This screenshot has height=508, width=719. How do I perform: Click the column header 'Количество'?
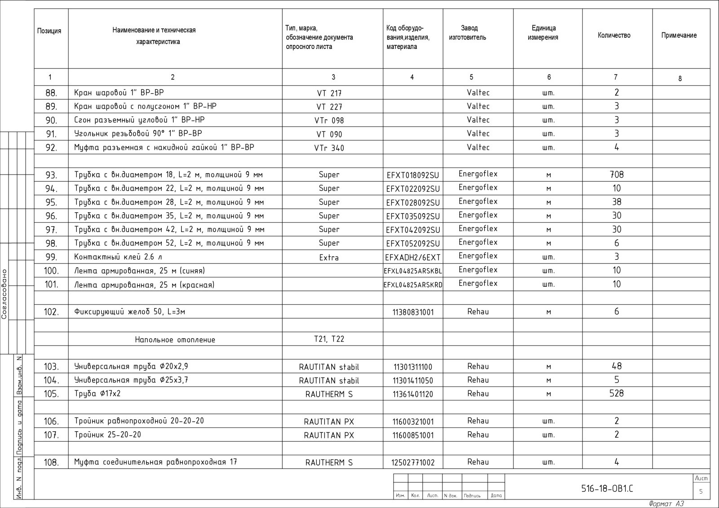coord(614,35)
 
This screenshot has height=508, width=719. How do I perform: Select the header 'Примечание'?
coord(679,35)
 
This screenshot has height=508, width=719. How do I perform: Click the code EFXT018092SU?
coord(413,175)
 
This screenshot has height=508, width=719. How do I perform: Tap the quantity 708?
coord(617,175)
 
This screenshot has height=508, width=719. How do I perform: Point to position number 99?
coord(51,257)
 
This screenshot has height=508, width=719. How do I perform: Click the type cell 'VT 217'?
coord(329,93)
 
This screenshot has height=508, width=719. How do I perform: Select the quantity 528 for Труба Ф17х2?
coord(616,394)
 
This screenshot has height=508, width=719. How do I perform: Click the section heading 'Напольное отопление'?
coord(175,340)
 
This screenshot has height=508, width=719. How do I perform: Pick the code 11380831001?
coord(413,312)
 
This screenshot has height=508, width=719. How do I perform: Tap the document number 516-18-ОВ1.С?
coord(607,489)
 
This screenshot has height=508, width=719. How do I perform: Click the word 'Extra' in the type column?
coord(329,258)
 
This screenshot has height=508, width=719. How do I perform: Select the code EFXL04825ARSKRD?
coord(413,285)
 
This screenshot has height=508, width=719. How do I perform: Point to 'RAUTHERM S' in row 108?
coord(329,463)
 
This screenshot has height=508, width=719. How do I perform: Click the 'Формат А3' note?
coord(666,504)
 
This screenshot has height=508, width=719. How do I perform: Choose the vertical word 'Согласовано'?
coord(4,293)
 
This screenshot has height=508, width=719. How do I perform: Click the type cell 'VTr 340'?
coord(329,148)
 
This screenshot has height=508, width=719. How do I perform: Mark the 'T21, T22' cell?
coord(329,339)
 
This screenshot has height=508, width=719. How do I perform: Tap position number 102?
coord(51,312)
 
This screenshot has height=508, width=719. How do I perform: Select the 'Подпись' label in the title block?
coord(472,496)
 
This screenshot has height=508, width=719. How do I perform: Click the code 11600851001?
coord(413,435)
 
